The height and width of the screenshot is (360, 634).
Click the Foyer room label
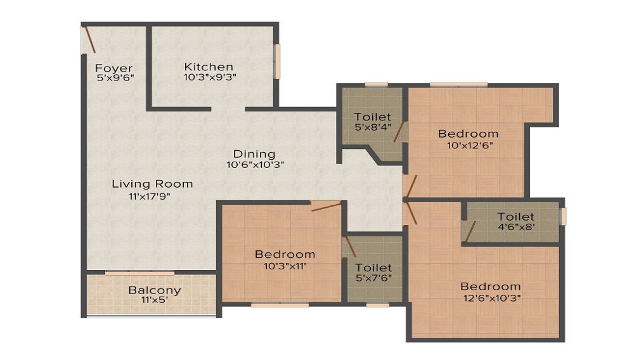114,68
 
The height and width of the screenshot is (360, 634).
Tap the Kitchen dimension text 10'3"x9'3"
209,77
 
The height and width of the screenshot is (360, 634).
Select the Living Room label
152,184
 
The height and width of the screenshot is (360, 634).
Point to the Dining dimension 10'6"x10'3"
254,165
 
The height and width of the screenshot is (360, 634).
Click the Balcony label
155,290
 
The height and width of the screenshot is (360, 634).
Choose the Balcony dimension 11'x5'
155,300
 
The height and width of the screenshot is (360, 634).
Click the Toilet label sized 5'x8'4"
373,117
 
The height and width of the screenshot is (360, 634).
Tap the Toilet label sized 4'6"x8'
515,217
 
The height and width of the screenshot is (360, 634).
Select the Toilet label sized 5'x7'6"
373,268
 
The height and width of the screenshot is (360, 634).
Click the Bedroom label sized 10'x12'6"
469,134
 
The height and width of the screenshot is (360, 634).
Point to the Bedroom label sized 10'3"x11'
285,255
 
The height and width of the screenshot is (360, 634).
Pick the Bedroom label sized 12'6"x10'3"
491,286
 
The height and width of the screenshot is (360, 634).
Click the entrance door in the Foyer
88,39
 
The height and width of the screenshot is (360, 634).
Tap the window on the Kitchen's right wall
277,61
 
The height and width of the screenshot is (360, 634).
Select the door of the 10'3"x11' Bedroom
326,205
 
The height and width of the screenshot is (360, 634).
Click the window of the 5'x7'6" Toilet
378,305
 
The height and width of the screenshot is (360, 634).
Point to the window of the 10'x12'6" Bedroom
458,84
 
